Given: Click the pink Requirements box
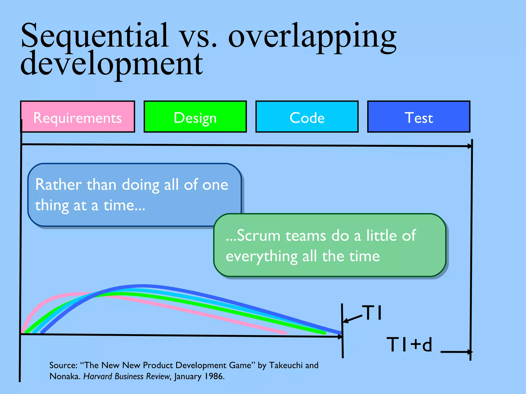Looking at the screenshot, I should pyautogui.click(x=78, y=117).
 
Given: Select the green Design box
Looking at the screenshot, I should pyautogui.click(x=195, y=117).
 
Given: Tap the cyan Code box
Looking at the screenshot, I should pyautogui.click(x=307, y=117).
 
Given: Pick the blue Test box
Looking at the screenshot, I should pyautogui.click(x=419, y=117).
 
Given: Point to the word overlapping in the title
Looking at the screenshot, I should pyautogui.click(x=312, y=37).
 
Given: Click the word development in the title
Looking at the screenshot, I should pyautogui.click(x=112, y=64).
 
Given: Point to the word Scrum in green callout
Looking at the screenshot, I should pyautogui.click(x=258, y=235).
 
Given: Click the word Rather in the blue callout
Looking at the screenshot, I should pyautogui.click(x=59, y=185).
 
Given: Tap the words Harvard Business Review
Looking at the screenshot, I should pyautogui.click(x=127, y=377).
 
